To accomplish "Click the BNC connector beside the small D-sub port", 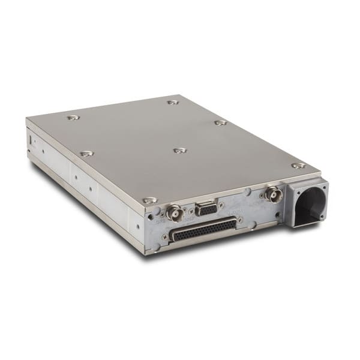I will click(x=175, y=213).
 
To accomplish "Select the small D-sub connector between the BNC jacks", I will click(x=206, y=209).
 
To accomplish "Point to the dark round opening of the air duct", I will click(x=310, y=202).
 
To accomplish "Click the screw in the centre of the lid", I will click(x=179, y=150).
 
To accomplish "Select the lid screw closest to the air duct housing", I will click(x=298, y=165).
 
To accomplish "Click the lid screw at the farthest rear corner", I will click(x=173, y=103).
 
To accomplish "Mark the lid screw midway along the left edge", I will click(x=86, y=154).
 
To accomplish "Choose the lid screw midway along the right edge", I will click(x=221, y=122).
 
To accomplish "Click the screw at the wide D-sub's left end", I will click(x=165, y=236).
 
